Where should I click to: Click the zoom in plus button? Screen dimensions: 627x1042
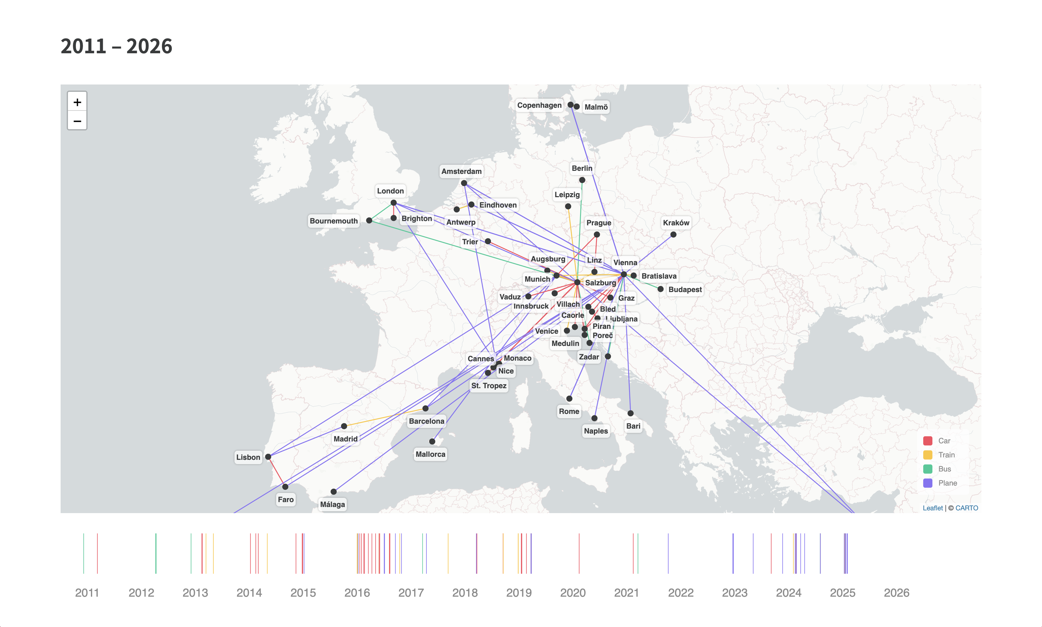pyautogui.click(x=77, y=102)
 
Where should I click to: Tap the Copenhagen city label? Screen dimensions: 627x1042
pyautogui.click(x=539, y=105)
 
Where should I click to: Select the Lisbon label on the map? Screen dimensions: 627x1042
pyautogui.click(x=248, y=457)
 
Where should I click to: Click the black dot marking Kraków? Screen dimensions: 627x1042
pyautogui.click(x=673, y=235)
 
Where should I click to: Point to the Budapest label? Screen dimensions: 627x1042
pyautogui.click(x=685, y=289)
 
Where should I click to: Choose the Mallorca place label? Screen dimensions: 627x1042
pyautogui.click(x=430, y=454)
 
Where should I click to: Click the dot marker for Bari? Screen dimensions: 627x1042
pyautogui.click(x=630, y=413)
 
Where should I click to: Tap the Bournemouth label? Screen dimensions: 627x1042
pyautogui.click(x=333, y=221)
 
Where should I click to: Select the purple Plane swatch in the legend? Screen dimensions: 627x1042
pyautogui.click(x=928, y=483)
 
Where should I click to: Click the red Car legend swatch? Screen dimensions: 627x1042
pyautogui.click(x=928, y=441)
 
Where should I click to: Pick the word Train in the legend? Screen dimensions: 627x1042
pyautogui.click(x=946, y=455)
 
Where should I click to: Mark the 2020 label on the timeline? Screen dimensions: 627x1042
pyautogui.click(x=573, y=593)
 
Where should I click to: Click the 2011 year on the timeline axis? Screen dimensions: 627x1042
pyautogui.click(x=87, y=593)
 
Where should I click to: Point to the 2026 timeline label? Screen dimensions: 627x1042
pyautogui.click(x=896, y=593)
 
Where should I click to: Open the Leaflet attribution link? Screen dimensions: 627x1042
pyautogui.click(x=932, y=508)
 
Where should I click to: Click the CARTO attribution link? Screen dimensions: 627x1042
pyautogui.click(x=966, y=508)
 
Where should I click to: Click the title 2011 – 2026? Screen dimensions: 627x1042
pyautogui.click(x=117, y=46)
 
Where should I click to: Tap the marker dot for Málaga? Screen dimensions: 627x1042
pyautogui.click(x=334, y=491)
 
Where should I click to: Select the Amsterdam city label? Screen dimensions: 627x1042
pyautogui.click(x=461, y=171)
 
